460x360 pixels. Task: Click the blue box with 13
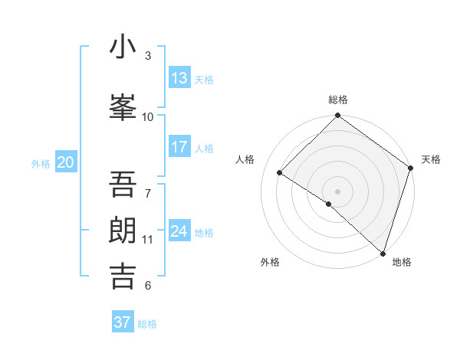coord(179,78)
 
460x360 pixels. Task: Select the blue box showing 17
coord(179,147)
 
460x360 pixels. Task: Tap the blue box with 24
coord(179,231)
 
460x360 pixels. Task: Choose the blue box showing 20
coord(66,162)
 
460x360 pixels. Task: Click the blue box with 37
coord(123,322)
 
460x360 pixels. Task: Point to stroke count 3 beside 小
coord(148,55)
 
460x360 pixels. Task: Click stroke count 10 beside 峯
coord(148,116)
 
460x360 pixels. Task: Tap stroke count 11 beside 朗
coord(148,240)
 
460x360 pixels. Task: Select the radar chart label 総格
coord(338,100)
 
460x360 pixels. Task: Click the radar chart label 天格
coord(431,159)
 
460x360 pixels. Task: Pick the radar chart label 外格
coord(270,262)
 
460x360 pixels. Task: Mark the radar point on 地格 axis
coord(383,253)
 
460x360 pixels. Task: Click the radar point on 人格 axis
coord(280,172)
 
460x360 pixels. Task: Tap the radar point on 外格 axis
coord(328,204)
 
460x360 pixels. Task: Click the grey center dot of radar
coord(337,191)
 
